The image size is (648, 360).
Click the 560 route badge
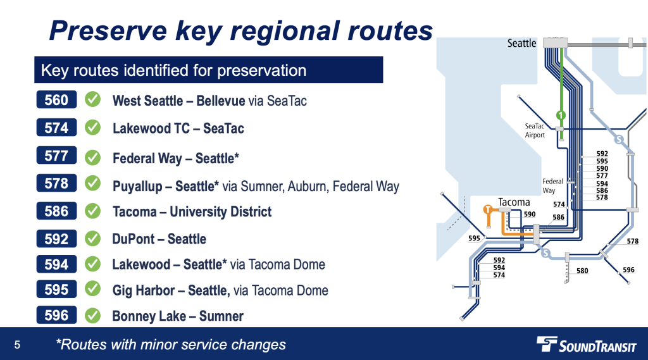click(56, 99)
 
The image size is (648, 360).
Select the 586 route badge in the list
click(56, 211)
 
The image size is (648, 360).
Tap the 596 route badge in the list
click(56, 315)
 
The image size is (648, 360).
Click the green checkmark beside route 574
click(92, 127)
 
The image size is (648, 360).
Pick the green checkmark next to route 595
click(92, 289)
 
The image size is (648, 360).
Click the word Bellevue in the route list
click(220, 101)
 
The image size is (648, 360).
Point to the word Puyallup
click(137, 187)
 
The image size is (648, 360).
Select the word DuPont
click(133, 239)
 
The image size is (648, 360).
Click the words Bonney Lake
click(149, 316)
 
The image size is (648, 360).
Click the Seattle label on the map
click(521, 43)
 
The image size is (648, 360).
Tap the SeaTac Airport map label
click(535, 130)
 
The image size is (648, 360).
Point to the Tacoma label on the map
click(514, 202)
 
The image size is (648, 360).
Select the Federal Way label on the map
click(552, 186)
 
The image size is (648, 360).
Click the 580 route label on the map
click(582, 271)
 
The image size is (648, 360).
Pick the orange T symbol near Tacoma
click(488, 209)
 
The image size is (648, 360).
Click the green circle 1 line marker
click(561, 115)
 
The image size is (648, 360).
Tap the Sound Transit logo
click(586, 344)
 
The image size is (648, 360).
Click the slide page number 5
click(17, 345)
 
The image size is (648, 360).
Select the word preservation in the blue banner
click(261, 70)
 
